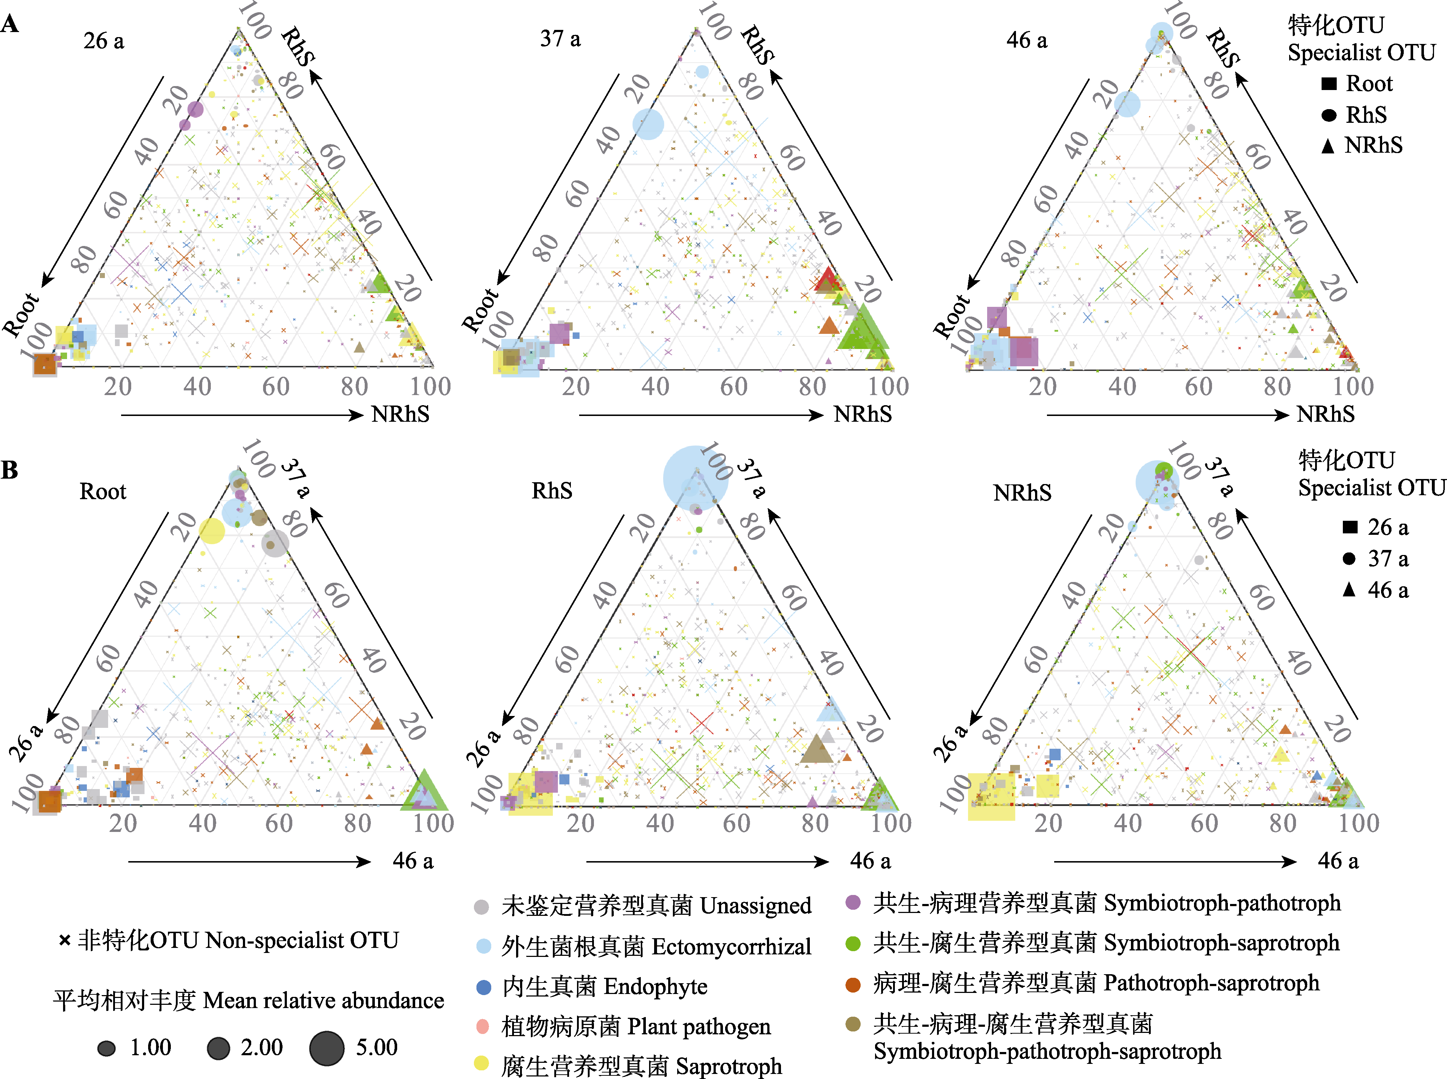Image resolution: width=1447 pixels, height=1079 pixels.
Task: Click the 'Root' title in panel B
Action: [103, 491]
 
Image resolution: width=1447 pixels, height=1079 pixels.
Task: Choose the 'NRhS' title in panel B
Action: [1022, 492]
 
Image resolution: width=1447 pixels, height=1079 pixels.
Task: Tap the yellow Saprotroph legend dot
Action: [482, 1063]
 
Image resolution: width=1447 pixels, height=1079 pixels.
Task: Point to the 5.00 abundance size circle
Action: [327, 1048]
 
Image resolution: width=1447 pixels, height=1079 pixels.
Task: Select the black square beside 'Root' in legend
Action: [1329, 84]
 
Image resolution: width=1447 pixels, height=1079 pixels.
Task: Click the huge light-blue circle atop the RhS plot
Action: [696, 479]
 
